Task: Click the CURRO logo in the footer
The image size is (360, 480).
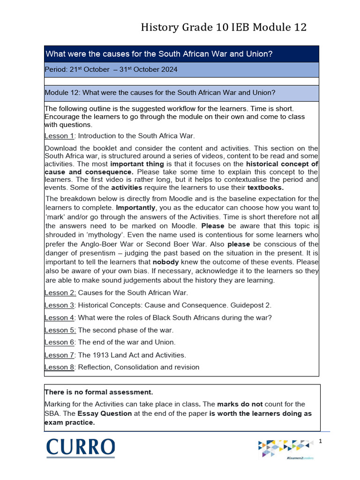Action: [x=80, y=447]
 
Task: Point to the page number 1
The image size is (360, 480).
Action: [x=321, y=441]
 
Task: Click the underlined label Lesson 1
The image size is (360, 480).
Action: [x=60, y=136]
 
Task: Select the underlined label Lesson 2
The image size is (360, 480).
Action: [x=60, y=292]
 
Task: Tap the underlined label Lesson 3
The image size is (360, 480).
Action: [x=60, y=305]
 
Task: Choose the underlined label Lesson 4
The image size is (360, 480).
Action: [x=60, y=317]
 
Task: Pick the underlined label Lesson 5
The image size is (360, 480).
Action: [x=60, y=330]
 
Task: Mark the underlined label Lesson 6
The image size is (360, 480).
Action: [x=60, y=342]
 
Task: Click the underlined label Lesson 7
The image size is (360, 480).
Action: [x=60, y=355]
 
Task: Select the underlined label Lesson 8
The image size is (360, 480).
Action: [x=60, y=367]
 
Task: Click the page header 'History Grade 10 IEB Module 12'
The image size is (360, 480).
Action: [x=224, y=28]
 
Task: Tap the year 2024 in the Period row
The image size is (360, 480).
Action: [x=168, y=69]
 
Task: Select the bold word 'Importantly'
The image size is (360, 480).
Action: [x=135, y=207]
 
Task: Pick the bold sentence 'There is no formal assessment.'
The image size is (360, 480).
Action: [x=99, y=392]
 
